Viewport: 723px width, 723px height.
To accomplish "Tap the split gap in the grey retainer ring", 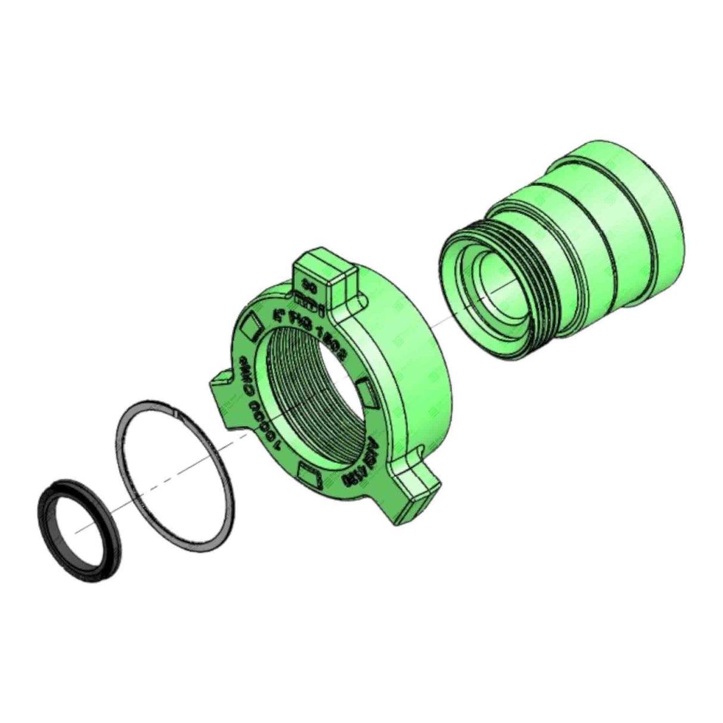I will point(176,411).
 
